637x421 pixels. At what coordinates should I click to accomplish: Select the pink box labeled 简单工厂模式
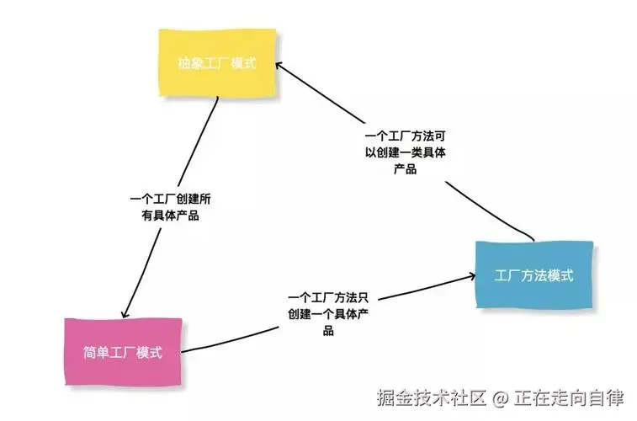124,351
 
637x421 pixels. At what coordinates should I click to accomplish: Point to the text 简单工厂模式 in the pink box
124,352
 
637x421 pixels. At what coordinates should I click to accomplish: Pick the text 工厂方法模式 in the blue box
534,275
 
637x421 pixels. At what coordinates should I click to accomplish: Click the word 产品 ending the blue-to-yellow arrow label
406,168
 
